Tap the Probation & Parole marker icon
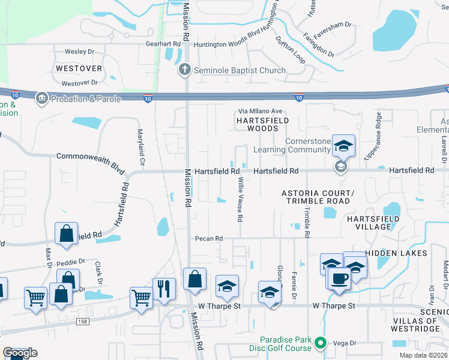coord(41,98)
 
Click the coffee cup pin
coord(340,278)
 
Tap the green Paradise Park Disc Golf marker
coord(321,343)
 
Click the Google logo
coord(20,353)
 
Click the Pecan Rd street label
coord(209,238)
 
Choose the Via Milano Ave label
coord(260,111)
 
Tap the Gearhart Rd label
coord(163,44)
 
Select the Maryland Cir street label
coord(141,148)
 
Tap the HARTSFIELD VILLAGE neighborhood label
coord(373,223)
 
